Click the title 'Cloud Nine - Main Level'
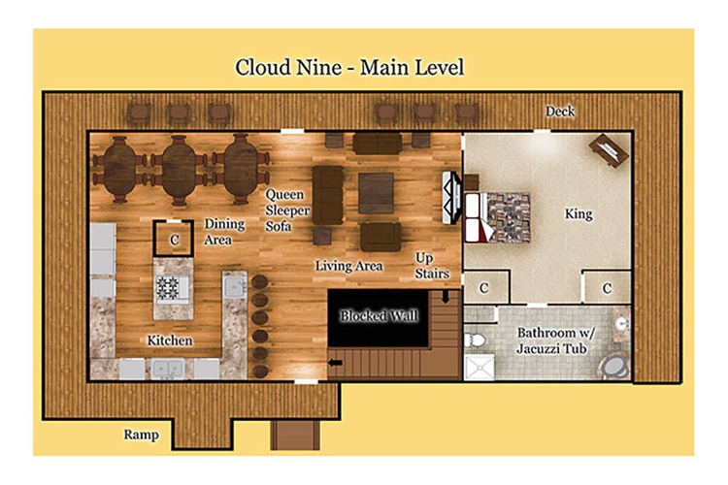point(349,67)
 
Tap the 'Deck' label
point(559,112)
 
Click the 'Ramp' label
point(141,435)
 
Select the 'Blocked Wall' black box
point(378,318)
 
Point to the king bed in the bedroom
point(497,217)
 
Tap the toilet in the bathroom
point(475,340)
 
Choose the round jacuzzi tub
point(615,367)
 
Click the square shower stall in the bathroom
point(480,367)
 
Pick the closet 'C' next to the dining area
point(174,239)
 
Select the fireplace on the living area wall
point(451,198)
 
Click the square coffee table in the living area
point(376,193)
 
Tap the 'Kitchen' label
point(170,340)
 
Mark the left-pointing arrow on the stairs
point(335,363)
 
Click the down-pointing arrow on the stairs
point(446,297)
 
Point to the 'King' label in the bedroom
point(579,214)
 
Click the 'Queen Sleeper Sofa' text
point(287,210)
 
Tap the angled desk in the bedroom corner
point(610,150)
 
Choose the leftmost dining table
point(119,169)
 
